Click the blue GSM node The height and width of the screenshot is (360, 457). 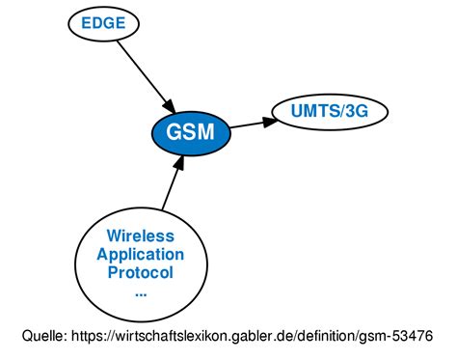(190, 131)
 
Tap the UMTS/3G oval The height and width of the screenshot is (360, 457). (328, 111)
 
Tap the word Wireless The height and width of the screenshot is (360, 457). (141, 235)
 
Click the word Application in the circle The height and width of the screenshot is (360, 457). (141, 254)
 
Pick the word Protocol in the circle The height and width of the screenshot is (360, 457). (141, 272)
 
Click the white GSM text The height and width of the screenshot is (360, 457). (190, 132)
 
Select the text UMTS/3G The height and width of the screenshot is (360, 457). (328, 111)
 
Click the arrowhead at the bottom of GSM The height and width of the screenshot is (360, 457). (178, 163)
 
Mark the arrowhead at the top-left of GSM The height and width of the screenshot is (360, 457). (167, 103)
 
